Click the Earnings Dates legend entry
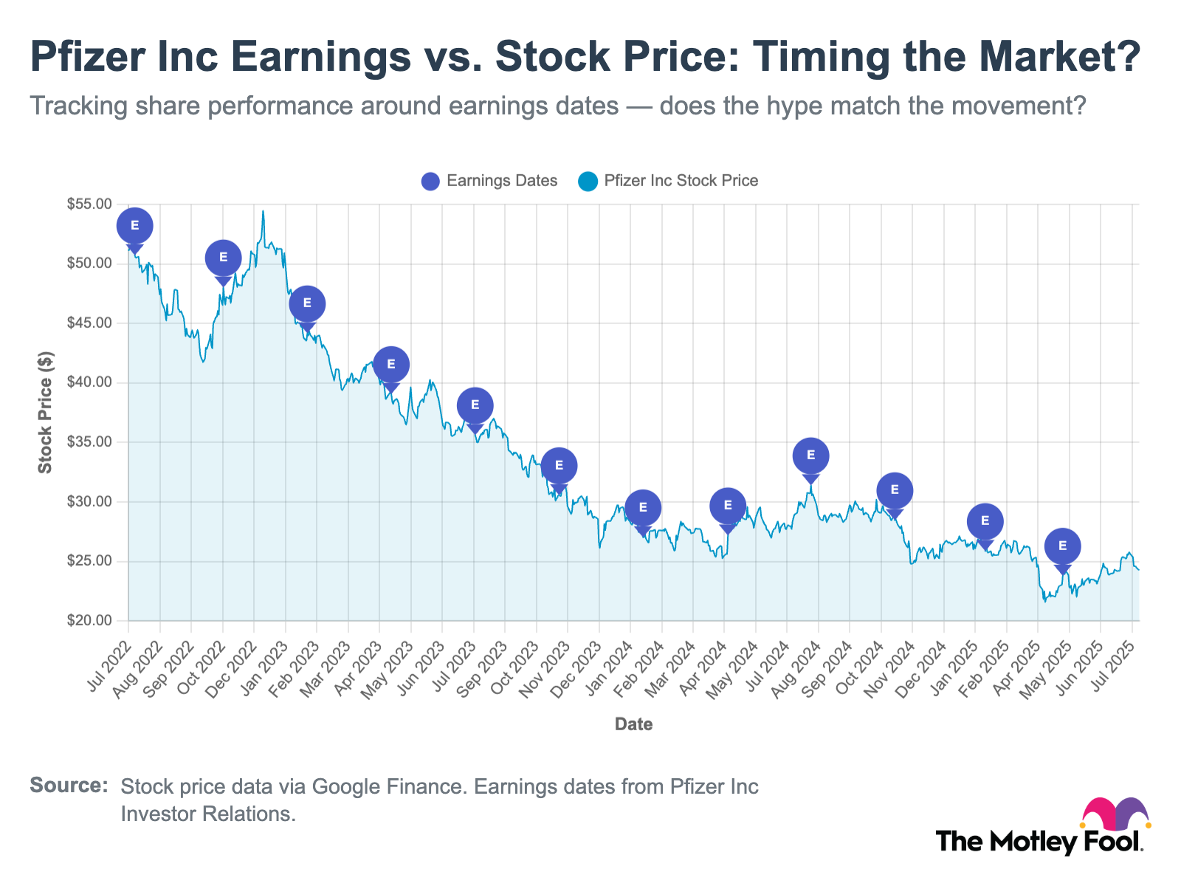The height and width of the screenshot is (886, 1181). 489,181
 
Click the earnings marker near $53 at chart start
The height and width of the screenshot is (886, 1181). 134,226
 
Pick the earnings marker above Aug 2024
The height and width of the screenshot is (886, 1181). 810,456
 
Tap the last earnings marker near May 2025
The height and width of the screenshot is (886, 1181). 1062,546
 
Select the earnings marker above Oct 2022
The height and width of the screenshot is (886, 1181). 223,258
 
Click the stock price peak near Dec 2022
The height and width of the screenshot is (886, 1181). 263,212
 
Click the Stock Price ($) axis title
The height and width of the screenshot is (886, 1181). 46,412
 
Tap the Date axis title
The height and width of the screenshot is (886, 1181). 633,724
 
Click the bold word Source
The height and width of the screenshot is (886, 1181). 69,786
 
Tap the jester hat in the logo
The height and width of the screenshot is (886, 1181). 1115,814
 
